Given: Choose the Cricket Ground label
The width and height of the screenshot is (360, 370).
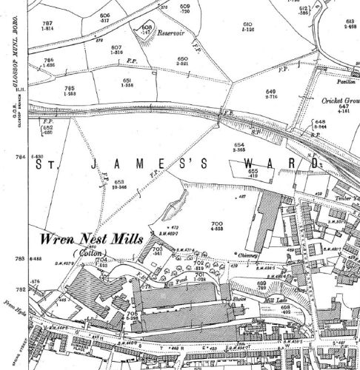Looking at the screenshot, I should pos(339,101).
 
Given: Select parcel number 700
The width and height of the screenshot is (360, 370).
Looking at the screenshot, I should pos(217,223).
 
